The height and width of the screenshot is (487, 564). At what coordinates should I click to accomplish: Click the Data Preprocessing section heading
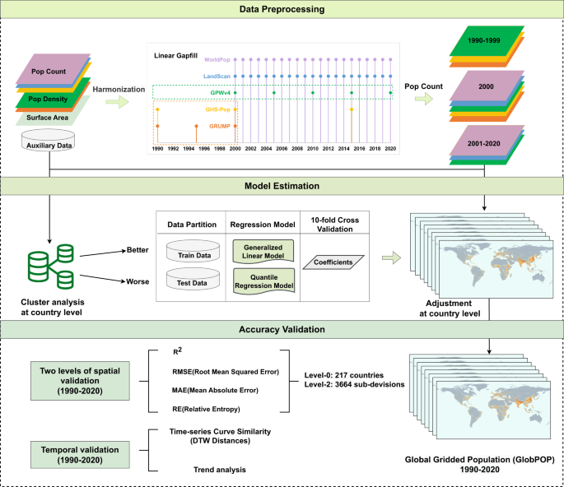[x=282, y=10]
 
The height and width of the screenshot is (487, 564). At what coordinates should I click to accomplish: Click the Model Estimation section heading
[x=282, y=186]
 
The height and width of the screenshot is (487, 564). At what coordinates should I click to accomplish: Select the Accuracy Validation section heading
[x=282, y=329]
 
